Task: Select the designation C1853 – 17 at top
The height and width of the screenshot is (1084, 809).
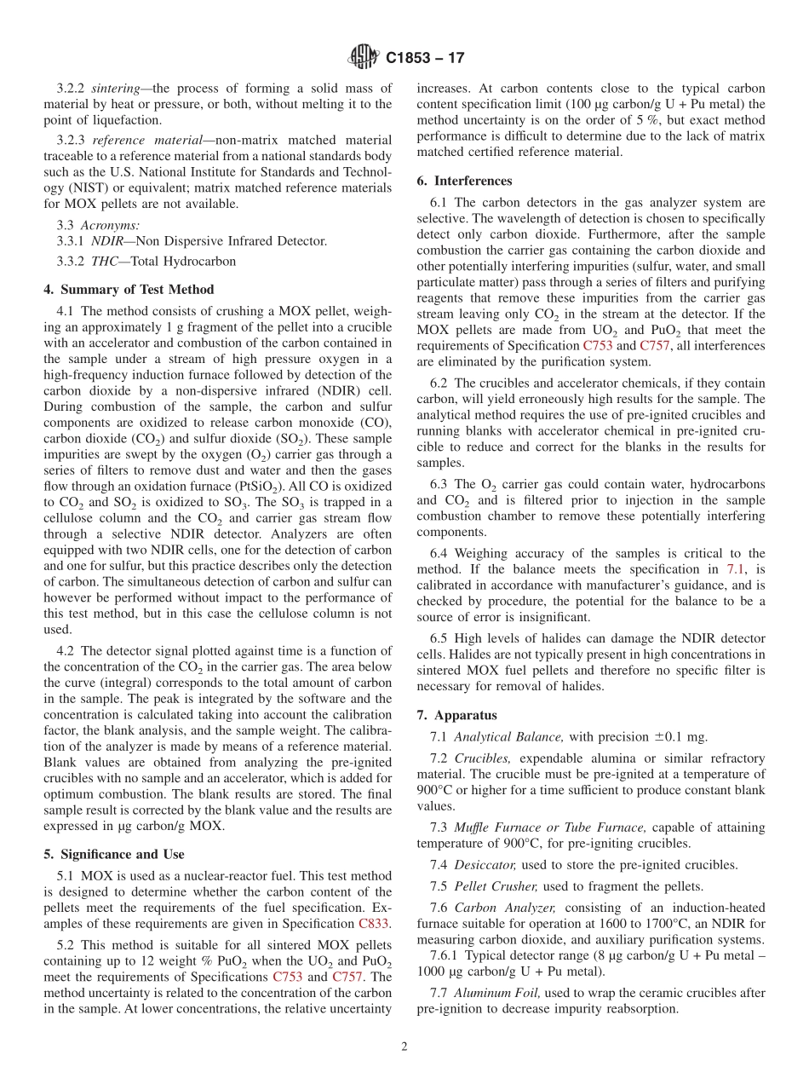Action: (425, 59)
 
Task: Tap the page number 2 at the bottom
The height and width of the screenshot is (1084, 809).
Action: (404, 1047)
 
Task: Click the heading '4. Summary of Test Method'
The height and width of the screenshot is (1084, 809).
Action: (129, 290)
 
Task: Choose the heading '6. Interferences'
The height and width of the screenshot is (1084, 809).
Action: (464, 181)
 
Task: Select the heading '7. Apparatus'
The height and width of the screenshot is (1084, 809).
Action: (456, 715)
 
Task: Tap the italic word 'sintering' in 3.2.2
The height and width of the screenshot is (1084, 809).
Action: (117, 88)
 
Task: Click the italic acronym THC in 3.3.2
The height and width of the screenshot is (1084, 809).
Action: (106, 262)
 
